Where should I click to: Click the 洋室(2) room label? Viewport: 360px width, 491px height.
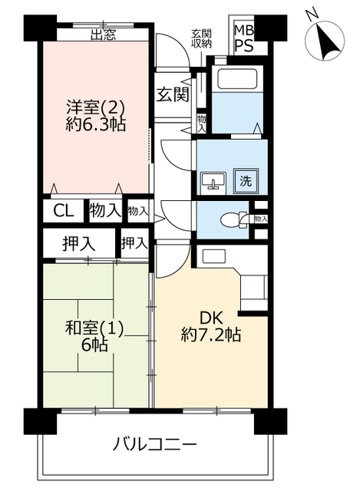click(95, 108)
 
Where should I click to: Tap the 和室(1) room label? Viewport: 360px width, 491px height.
click(94, 329)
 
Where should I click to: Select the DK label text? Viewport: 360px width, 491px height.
click(211, 318)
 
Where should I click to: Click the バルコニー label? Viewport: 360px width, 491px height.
click(154, 445)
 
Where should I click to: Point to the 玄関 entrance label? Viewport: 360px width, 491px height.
click(173, 94)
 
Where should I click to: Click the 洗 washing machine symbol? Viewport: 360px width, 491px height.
click(246, 181)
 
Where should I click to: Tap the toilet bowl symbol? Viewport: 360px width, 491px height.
click(234, 219)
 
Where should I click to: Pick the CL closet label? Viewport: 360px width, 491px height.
click(64, 211)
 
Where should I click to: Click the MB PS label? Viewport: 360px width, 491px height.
click(244, 39)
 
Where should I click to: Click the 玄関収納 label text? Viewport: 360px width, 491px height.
click(201, 38)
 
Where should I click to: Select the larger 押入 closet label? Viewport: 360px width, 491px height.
click(78, 243)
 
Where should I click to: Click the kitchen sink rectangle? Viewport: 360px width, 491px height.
click(213, 255)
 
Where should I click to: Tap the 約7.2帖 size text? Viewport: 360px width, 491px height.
click(211, 335)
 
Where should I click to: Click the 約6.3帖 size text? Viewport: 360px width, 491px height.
click(96, 125)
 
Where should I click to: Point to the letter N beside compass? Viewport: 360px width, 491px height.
click(312, 14)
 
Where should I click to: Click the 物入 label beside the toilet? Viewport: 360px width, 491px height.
click(261, 219)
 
